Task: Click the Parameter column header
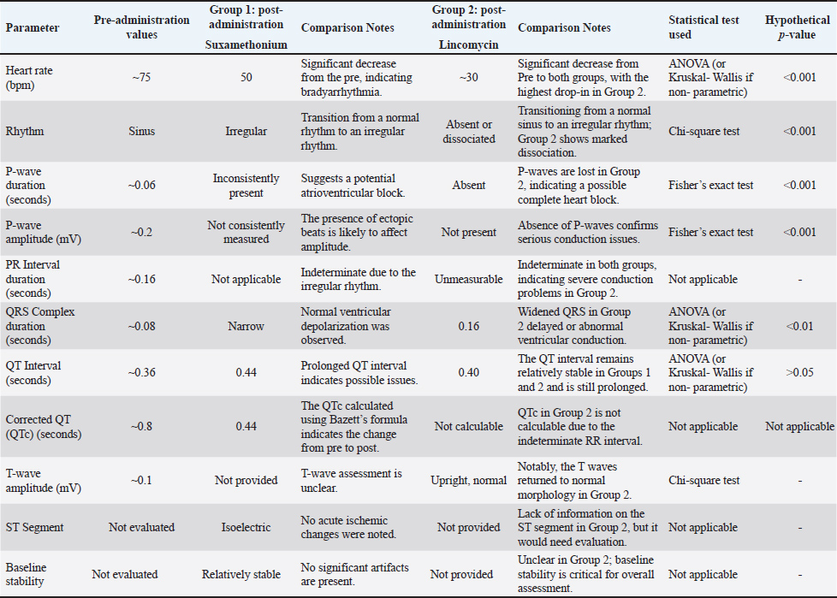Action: click(x=33, y=27)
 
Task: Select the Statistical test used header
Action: click(x=698, y=27)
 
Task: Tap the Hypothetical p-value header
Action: click(x=798, y=27)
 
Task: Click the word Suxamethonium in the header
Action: click(x=246, y=42)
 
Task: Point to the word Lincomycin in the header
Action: click(x=468, y=42)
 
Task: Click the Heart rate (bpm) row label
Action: click(x=28, y=78)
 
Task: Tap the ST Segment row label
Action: click(x=34, y=528)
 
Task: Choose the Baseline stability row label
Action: click(x=30, y=574)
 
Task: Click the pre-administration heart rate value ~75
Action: click(x=141, y=78)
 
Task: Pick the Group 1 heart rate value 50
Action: click(x=246, y=78)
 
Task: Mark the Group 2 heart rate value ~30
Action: click(x=468, y=78)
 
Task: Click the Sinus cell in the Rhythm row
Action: click(x=141, y=132)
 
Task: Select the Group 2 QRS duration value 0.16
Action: click(x=468, y=326)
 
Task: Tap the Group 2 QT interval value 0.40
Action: click(x=468, y=373)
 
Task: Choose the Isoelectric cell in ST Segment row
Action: click(x=246, y=528)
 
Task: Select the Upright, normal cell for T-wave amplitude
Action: click(x=468, y=481)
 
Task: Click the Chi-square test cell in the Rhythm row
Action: click(x=704, y=132)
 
